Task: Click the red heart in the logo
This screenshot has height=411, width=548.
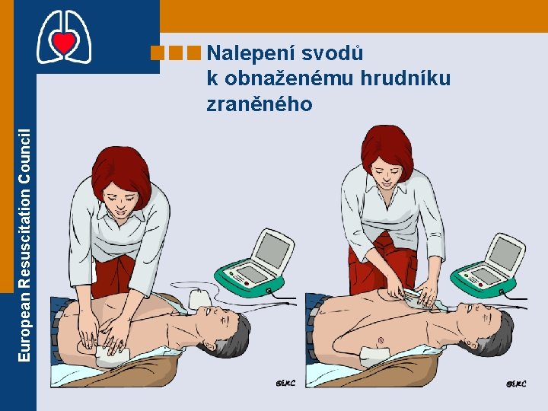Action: (x=64, y=41)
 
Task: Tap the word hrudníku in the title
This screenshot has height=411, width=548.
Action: (x=405, y=78)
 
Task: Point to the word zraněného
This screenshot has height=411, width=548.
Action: (x=259, y=104)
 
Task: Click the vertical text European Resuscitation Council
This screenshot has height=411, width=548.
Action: (x=24, y=245)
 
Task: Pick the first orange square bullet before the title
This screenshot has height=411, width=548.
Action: (x=157, y=53)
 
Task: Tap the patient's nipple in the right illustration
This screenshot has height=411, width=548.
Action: (x=381, y=339)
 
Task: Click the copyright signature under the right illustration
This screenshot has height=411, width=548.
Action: (x=516, y=384)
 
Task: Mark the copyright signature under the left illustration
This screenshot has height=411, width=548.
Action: (x=285, y=383)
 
